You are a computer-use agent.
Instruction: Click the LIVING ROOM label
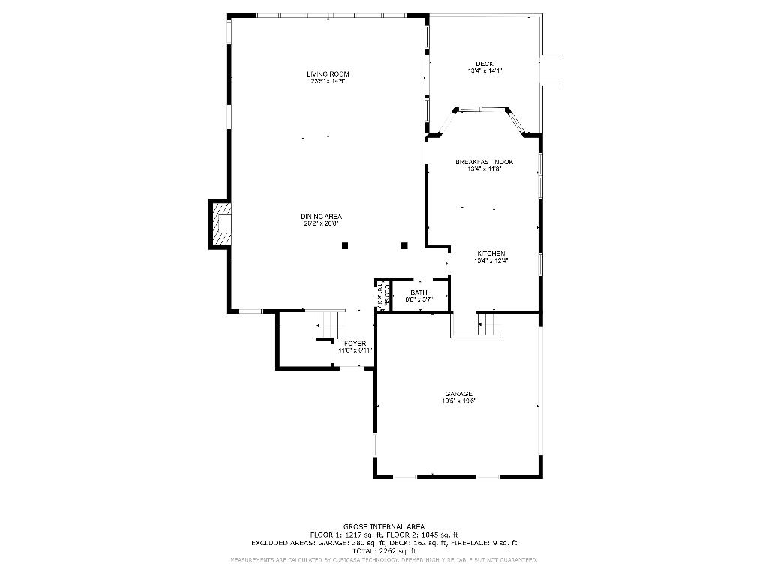pyautogui.click(x=328, y=73)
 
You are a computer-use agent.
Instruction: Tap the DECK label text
pyautogui.click(x=484, y=63)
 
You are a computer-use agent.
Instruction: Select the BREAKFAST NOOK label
pyautogui.click(x=484, y=162)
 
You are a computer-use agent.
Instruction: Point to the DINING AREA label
pyautogui.click(x=321, y=217)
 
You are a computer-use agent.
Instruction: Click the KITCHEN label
pyautogui.click(x=490, y=253)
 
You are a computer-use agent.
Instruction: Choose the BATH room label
pyautogui.click(x=418, y=292)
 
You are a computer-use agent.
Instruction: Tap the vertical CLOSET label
pyautogui.click(x=381, y=295)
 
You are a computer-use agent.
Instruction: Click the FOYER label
pyautogui.click(x=355, y=343)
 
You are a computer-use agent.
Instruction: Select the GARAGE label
pyautogui.click(x=458, y=394)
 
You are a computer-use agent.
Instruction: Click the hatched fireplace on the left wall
pyautogui.click(x=220, y=224)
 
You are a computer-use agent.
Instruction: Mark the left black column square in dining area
pyautogui.click(x=345, y=244)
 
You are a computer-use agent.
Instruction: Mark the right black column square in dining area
pyautogui.click(x=404, y=244)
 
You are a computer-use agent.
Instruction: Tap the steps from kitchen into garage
pyautogui.click(x=490, y=324)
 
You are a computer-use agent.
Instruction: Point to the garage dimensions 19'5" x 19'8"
pyautogui.click(x=458, y=401)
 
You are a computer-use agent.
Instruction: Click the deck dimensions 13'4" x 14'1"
pyautogui.click(x=484, y=70)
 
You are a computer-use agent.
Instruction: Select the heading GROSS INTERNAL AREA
pyautogui.click(x=383, y=526)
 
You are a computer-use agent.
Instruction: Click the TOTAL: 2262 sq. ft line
pyautogui.click(x=383, y=551)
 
